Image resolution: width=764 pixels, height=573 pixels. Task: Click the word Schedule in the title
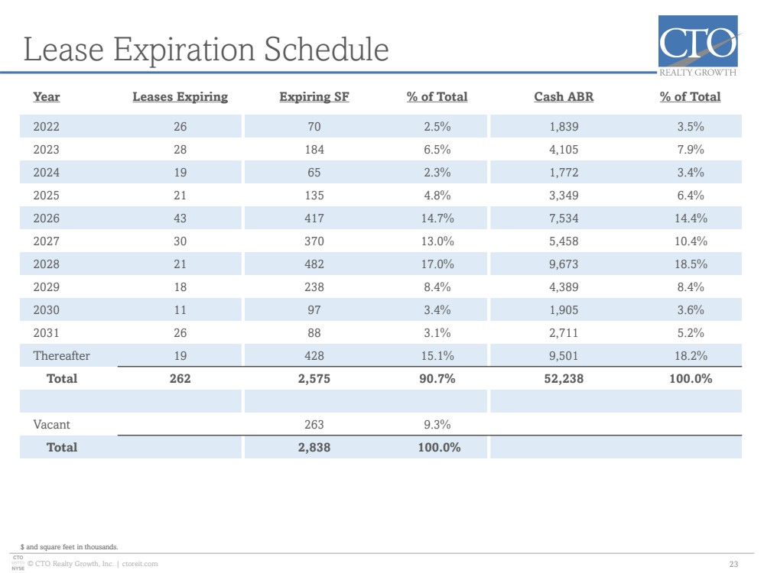326,49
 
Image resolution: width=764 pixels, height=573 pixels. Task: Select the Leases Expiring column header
180,97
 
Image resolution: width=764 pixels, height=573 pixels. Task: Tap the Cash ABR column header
564,97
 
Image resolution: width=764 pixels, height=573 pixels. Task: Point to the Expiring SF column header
314,97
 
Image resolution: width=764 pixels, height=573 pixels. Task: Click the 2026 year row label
47,218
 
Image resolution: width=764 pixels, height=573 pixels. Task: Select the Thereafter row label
61,356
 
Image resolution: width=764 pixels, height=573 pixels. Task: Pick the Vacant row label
52,425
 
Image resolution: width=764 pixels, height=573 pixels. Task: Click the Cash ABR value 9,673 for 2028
564,264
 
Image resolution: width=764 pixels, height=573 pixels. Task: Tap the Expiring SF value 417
314,218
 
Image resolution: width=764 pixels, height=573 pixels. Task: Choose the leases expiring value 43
180,218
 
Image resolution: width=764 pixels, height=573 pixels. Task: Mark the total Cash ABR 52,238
564,379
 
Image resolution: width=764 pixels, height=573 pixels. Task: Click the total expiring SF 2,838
314,448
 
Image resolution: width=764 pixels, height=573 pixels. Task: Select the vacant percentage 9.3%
437,425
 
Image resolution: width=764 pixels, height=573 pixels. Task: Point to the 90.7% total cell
437,379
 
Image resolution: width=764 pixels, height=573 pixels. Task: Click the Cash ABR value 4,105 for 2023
564,150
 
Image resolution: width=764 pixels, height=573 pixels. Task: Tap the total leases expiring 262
180,379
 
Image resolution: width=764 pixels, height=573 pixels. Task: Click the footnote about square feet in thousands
69,547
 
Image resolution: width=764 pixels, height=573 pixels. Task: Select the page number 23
733,565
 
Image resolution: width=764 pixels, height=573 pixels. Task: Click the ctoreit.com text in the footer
140,564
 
